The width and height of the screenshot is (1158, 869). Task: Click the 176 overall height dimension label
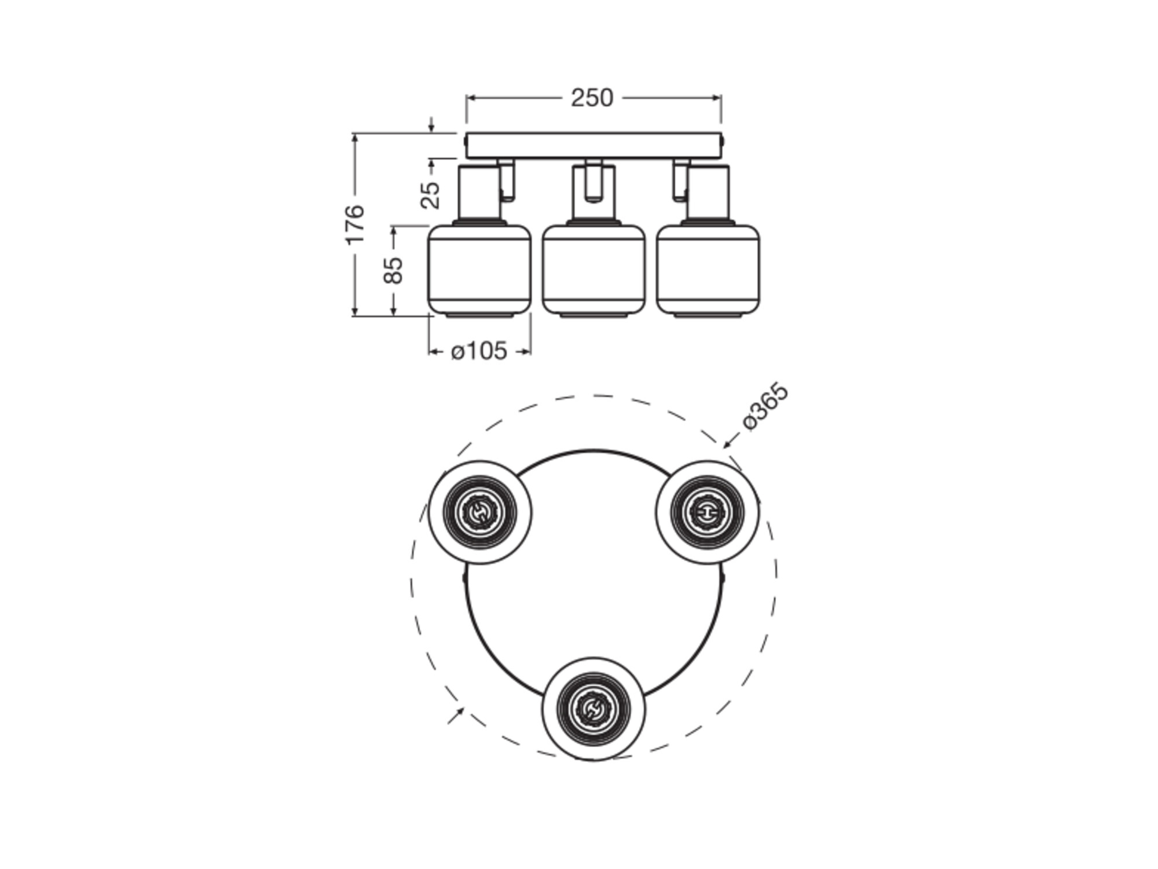tap(355, 224)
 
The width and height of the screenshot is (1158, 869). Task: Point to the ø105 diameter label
tap(479, 351)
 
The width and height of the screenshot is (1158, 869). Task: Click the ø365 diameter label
tap(765, 407)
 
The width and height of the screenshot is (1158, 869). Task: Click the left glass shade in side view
tap(479, 270)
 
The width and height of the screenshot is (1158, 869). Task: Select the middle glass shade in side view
tap(593, 270)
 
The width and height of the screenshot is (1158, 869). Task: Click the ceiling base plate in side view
tap(593, 146)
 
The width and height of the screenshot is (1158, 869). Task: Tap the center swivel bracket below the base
tap(593, 181)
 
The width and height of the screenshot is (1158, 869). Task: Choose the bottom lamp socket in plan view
tap(593, 709)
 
